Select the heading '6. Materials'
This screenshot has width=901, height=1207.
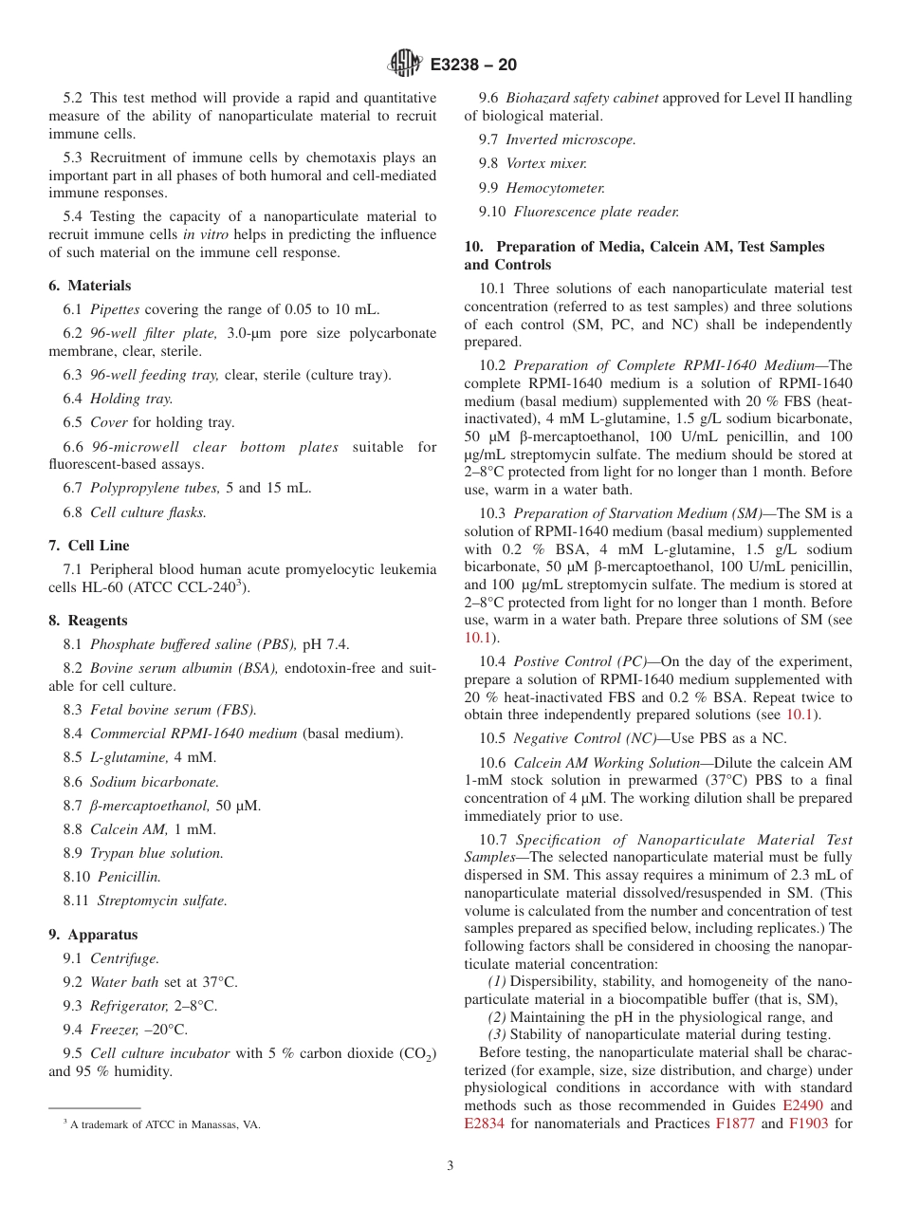[90, 286]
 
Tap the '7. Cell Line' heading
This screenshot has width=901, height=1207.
[89, 546]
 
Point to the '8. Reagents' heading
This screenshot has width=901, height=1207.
[88, 621]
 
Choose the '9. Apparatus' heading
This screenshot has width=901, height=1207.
[93, 935]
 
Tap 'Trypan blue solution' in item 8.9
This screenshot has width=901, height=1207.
[156, 853]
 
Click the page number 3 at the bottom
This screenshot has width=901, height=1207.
[450, 1166]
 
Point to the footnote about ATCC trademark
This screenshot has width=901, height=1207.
[161, 1124]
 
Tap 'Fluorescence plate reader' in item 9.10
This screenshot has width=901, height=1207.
[596, 212]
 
